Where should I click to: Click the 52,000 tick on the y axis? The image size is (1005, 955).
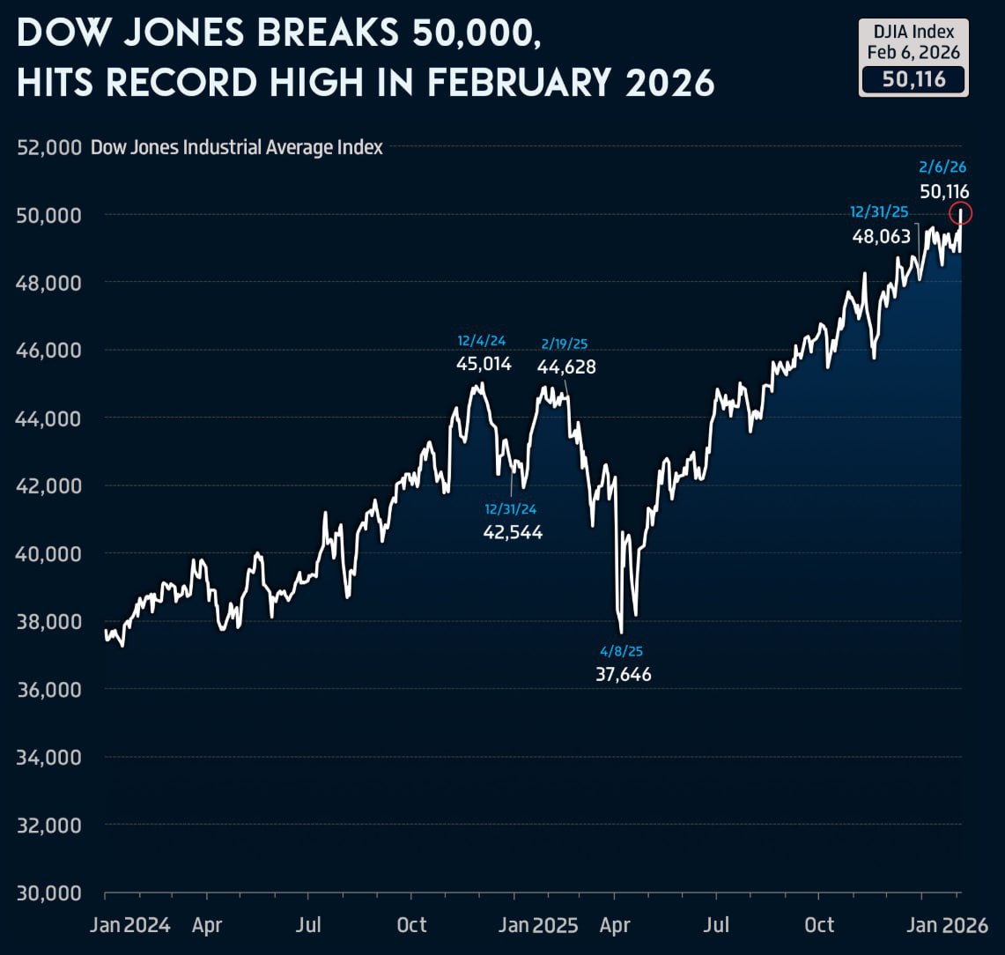tap(49, 147)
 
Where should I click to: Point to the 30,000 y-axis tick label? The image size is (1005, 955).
tap(49, 892)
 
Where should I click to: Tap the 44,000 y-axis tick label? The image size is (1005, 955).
tap(49, 418)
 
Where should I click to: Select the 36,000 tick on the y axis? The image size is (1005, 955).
tap(49, 689)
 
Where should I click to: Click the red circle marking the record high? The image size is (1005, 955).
tap(961, 212)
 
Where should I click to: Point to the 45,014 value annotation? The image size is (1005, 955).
tap(484, 363)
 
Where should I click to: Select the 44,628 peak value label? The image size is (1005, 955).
tap(566, 366)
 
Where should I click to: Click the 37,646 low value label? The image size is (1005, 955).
tap(623, 675)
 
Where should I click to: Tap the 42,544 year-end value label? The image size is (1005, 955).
tap(513, 531)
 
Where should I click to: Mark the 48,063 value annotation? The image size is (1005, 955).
tap(881, 236)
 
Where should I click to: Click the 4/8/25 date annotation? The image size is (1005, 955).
tap(622, 651)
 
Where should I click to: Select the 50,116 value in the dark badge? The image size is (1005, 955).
tap(913, 80)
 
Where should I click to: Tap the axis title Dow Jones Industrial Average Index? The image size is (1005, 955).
tap(237, 147)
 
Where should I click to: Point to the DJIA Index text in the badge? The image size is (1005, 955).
tap(913, 32)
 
